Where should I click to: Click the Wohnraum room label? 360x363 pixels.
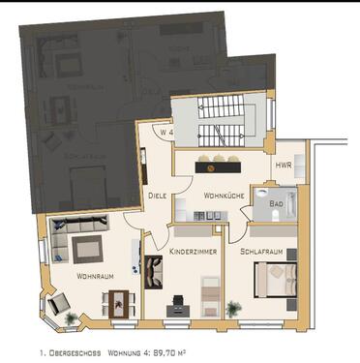tap(96, 277)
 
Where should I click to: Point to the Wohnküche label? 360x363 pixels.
tap(223, 197)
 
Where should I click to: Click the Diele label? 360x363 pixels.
tap(157, 194)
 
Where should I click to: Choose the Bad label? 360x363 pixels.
tap(276, 206)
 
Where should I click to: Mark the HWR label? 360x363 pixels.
tap(283, 166)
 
